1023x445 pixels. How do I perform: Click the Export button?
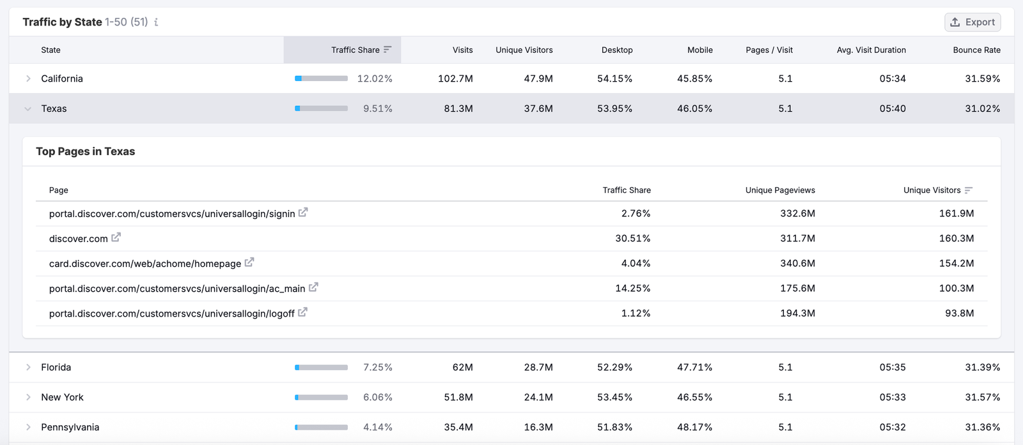[x=972, y=22]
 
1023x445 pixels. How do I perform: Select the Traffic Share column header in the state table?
[x=355, y=50]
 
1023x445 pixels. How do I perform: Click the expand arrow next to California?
[x=28, y=79]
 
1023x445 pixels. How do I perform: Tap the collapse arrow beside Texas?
[x=28, y=109]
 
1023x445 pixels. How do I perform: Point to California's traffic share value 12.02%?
[x=375, y=79]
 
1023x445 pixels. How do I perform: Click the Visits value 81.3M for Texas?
[x=458, y=109]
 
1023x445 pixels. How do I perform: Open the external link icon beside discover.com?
[x=116, y=238]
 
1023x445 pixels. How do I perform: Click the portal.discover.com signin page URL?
[x=172, y=214]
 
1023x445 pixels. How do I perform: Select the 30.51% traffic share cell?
[x=632, y=238]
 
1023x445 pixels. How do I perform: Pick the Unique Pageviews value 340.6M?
[x=797, y=263]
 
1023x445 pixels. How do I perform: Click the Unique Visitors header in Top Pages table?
[x=932, y=190]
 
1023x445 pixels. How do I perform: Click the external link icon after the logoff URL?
[x=302, y=312]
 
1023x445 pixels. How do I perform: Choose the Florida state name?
[x=56, y=367]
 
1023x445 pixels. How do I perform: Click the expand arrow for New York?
[x=28, y=397]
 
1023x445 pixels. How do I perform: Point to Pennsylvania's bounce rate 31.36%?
[x=982, y=427]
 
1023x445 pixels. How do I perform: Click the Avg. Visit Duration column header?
[x=871, y=50]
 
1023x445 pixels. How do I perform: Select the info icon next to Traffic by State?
[x=156, y=22]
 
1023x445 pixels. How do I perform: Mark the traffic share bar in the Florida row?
[x=321, y=367]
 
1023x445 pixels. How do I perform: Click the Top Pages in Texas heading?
[x=86, y=151]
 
